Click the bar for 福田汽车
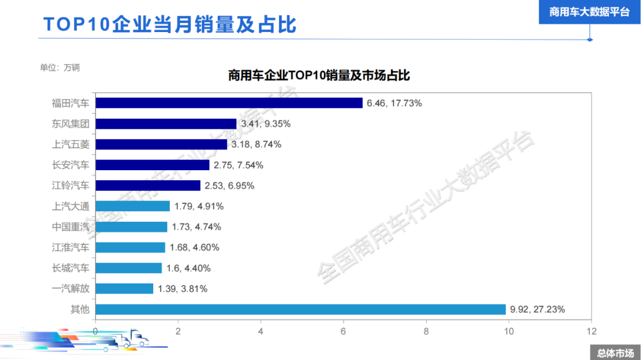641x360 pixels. (x=229, y=103)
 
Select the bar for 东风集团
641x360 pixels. (x=166, y=124)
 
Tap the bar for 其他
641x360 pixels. (x=300, y=309)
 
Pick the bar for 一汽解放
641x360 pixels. (x=125, y=289)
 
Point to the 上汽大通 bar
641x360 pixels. (x=132, y=206)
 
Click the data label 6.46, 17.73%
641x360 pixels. (x=394, y=103)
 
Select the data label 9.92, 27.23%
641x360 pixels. (x=537, y=309)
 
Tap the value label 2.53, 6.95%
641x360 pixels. (x=229, y=186)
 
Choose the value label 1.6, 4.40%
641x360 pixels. (x=188, y=268)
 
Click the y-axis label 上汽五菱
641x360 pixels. (x=71, y=144)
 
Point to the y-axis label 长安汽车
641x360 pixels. (x=71, y=165)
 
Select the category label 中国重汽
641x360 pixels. (x=71, y=227)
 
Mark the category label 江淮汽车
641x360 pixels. (x=71, y=247)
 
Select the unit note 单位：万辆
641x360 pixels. (x=59, y=67)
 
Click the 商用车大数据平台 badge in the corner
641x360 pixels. (x=589, y=12)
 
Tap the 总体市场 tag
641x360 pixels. (x=615, y=353)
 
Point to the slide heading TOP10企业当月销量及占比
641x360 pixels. (x=170, y=25)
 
